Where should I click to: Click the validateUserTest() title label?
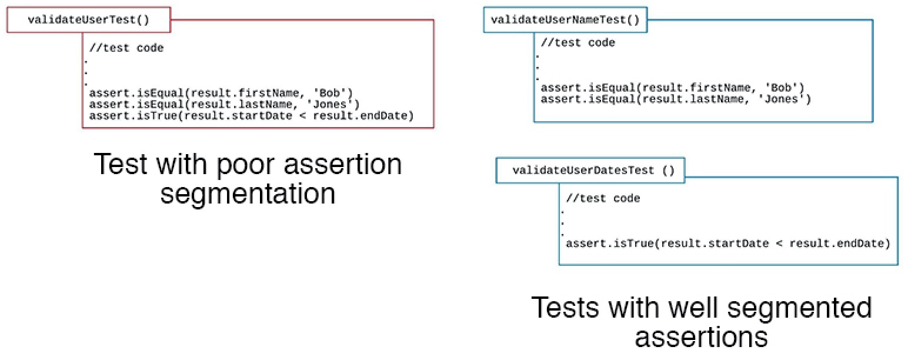[x=88, y=19]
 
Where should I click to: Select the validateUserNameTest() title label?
[x=565, y=20]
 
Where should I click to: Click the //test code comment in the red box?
[x=126, y=48]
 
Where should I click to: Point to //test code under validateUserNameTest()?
[x=577, y=42]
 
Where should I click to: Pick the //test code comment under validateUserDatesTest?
[x=603, y=198]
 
